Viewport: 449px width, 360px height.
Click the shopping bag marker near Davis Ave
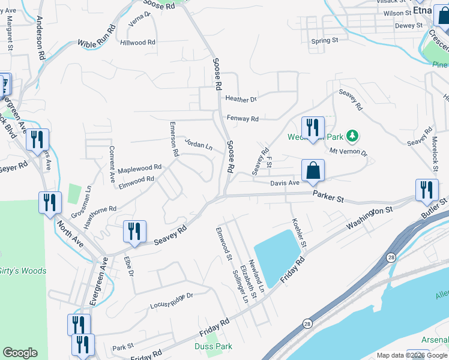tap(313, 170)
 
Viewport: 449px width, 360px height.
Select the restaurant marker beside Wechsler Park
tap(313, 128)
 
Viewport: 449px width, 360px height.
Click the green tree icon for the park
tap(354, 136)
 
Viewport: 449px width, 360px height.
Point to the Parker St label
tap(328, 197)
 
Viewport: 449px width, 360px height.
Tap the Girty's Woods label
tap(22, 271)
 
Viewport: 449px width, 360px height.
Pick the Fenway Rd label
tap(243, 119)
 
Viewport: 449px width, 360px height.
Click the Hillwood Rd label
tap(137, 43)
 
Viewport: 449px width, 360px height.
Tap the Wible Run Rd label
tap(97, 37)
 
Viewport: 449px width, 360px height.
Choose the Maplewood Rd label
tap(139, 169)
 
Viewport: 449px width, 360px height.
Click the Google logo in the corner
tap(20, 353)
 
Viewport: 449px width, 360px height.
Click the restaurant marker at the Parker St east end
tap(426, 191)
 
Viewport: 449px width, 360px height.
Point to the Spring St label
tap(325, 41)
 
